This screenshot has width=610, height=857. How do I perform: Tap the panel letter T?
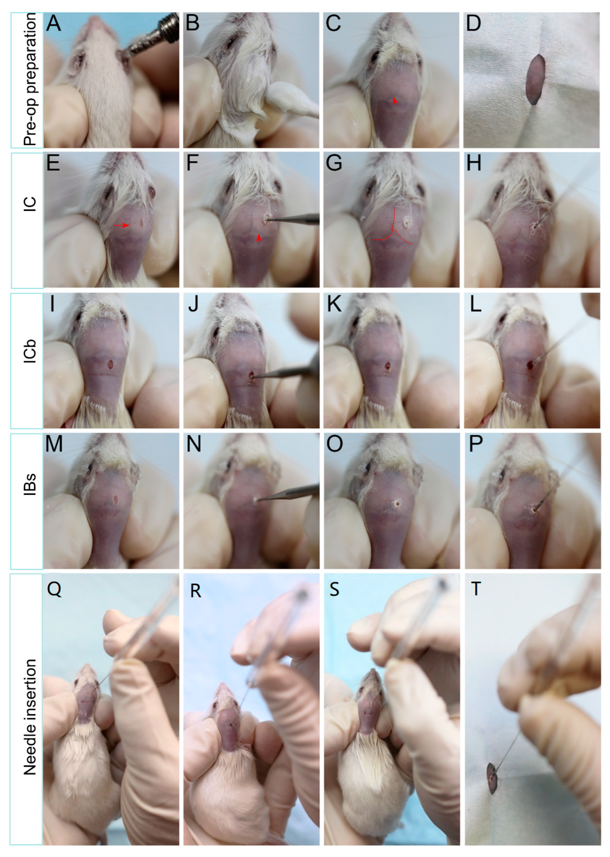(476, 589)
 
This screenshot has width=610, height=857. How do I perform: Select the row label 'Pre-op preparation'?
(30, 80)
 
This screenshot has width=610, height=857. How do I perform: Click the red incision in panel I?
(110, 364)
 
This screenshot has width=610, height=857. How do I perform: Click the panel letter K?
(334, 304)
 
